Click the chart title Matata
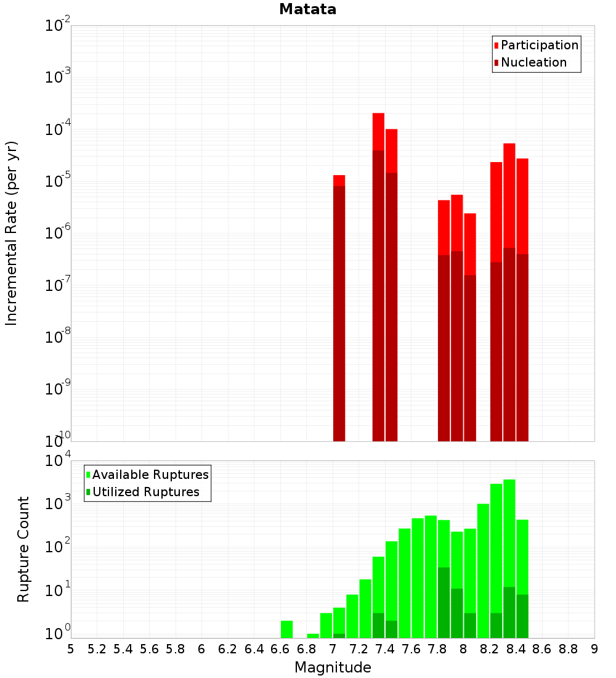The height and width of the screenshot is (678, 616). point(307,9)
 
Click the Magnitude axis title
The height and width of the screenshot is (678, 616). point(333,668)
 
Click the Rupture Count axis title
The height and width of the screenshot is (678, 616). point(23,549)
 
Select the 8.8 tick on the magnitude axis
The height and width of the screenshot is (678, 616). point(568,649)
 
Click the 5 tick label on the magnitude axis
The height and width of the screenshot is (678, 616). point(71,649)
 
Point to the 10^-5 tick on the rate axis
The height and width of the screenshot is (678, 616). point(59,181)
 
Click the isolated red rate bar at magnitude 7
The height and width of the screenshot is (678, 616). point(339,308)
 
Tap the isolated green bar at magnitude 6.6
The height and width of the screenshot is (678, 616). point(286,629)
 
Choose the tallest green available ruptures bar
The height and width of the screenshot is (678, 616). point(509,555)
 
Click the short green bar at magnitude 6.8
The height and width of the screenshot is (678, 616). point(313,635)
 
